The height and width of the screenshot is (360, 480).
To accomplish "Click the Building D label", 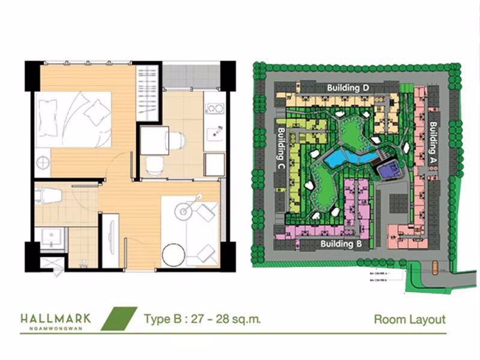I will tap(348, 88).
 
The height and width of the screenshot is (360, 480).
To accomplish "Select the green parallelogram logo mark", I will tap(119, 319).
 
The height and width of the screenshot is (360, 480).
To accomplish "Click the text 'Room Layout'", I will tap(409, 319).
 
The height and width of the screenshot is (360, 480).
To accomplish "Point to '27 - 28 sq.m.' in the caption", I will tap(225, 319).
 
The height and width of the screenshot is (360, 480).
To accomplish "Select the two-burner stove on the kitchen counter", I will tap(214, 109).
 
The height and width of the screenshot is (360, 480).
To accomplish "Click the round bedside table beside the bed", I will tap(42, 160).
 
